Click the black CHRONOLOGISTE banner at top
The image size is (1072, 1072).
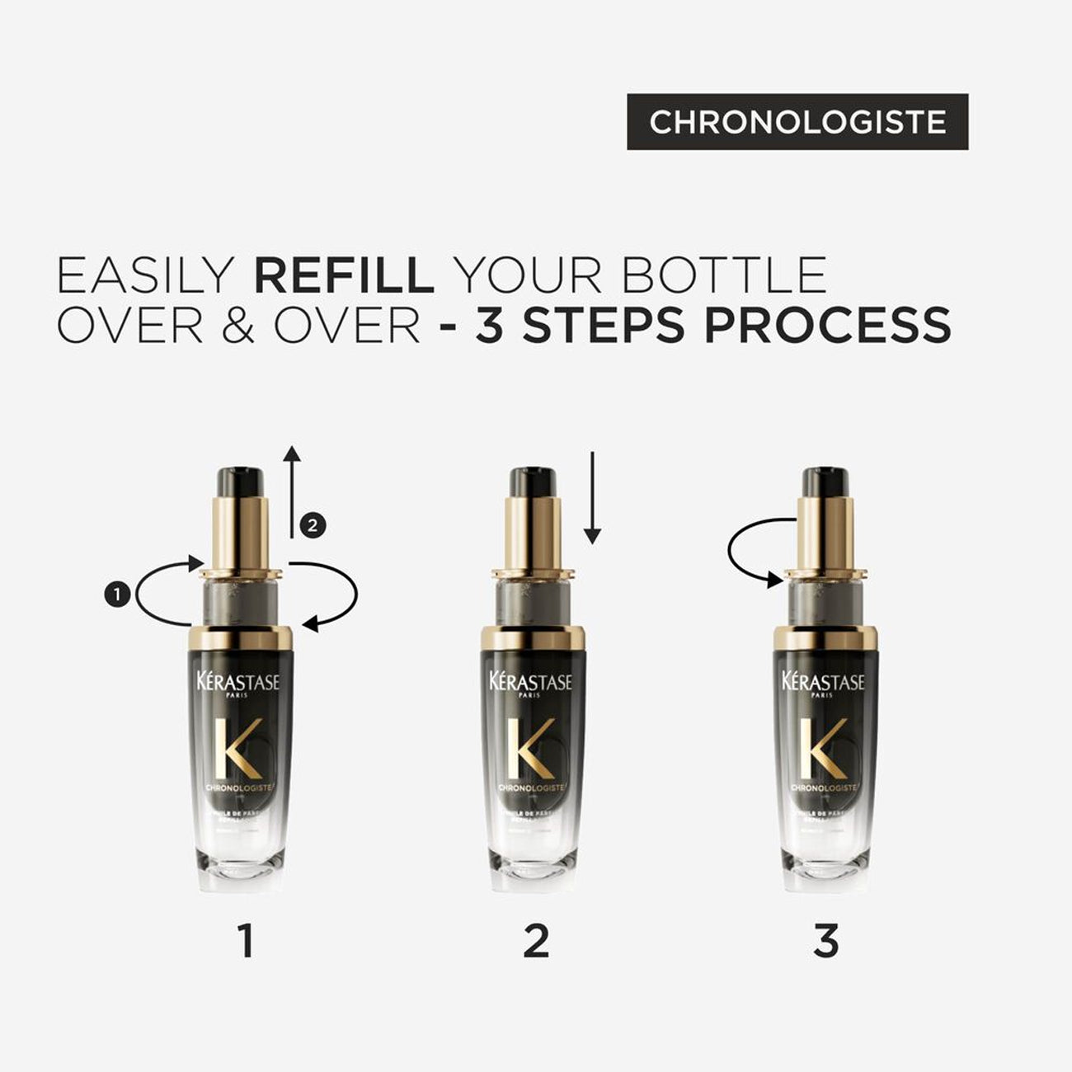tap(797, 122)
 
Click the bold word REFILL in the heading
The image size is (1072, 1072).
tap(343, 276)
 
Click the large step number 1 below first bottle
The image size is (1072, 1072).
tap(245, 941)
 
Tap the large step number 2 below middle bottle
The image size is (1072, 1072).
tap(536, 941)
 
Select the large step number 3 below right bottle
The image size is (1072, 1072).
tap(825, 941)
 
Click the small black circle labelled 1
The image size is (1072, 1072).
tap(118, 593)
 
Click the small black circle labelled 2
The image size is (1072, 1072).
tap(313, 524)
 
